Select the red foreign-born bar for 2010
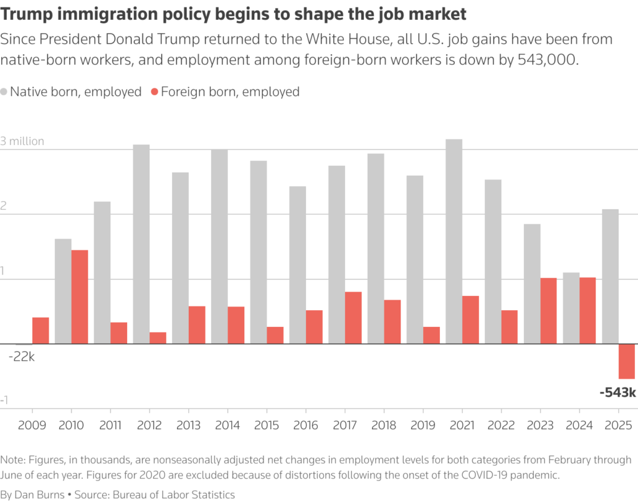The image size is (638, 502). point(80,296)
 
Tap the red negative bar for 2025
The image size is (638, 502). point(626,361)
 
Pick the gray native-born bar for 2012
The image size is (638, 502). point(141,244)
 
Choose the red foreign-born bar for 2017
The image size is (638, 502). point(353,318)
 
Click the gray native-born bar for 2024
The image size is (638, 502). point(571,308)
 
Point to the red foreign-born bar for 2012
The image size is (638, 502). point(158,338)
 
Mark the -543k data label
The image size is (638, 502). point(617,393)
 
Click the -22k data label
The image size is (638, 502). point(22,357)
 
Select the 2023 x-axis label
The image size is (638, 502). point(540,425)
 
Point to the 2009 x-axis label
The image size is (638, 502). point(32,425)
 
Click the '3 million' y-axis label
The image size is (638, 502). point(22,141)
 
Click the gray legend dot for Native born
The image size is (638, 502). point(5,92)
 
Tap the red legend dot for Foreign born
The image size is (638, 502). point(155,92)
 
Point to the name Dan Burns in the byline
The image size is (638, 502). point(39,495)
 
